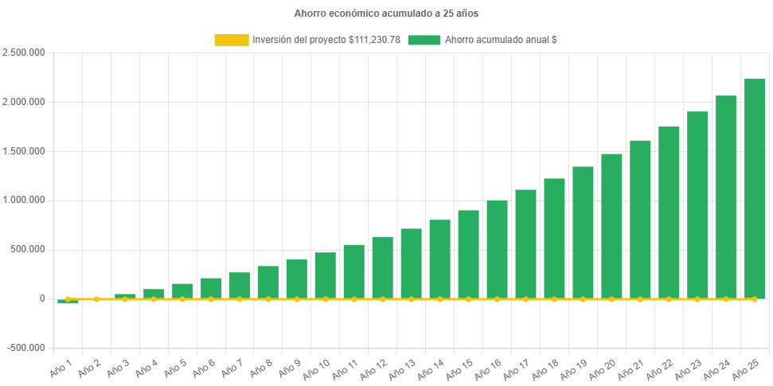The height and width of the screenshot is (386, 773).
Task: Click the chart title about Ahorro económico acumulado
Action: [386, 14]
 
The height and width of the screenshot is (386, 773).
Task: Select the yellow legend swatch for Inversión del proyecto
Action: [231, 40]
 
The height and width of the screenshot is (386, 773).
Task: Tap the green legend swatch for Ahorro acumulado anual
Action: [424, 40]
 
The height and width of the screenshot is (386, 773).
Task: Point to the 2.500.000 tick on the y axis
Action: [24, 53]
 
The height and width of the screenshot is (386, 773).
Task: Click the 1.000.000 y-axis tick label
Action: [24, 200]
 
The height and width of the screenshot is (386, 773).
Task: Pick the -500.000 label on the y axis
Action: [25, 348]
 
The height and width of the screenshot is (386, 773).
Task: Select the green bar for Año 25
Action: [754, 188]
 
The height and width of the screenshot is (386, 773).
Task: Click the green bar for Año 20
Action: [611, 226]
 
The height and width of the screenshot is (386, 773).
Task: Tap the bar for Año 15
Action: [468, 254]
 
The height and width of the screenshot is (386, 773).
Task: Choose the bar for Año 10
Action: [325, 275]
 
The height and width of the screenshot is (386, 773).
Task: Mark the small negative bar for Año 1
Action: [68, 301]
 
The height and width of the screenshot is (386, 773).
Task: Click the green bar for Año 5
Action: [182, 290]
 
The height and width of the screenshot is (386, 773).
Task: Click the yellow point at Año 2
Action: [96, 299]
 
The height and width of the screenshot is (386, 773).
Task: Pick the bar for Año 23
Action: [697, 205]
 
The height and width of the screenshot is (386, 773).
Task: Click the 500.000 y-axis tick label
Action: [29, 249]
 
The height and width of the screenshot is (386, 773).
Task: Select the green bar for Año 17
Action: [525, 244]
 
